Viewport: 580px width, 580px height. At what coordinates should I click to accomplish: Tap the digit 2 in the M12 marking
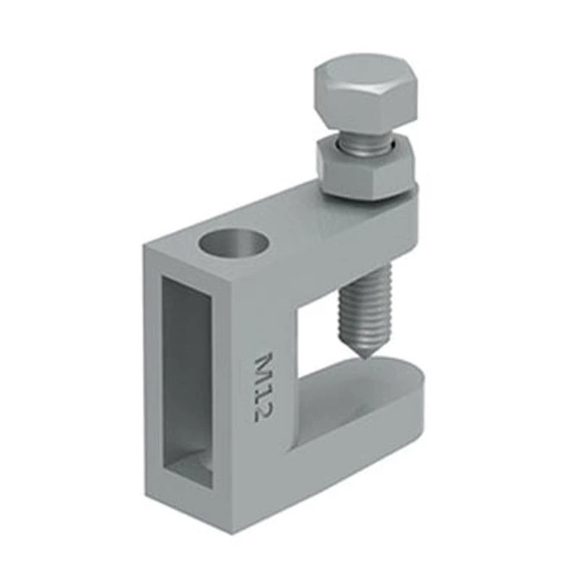point(263,410)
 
